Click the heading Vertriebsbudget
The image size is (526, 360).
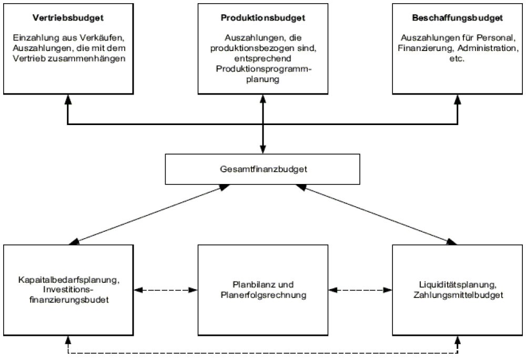point(67,17)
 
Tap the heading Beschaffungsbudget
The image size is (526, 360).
point(458,17)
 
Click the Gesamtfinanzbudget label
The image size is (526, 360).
point(262,169)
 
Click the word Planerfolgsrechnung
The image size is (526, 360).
point(262,295)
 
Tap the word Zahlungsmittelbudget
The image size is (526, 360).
point(458,295)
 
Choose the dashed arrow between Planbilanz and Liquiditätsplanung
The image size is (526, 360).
point(360,290)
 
